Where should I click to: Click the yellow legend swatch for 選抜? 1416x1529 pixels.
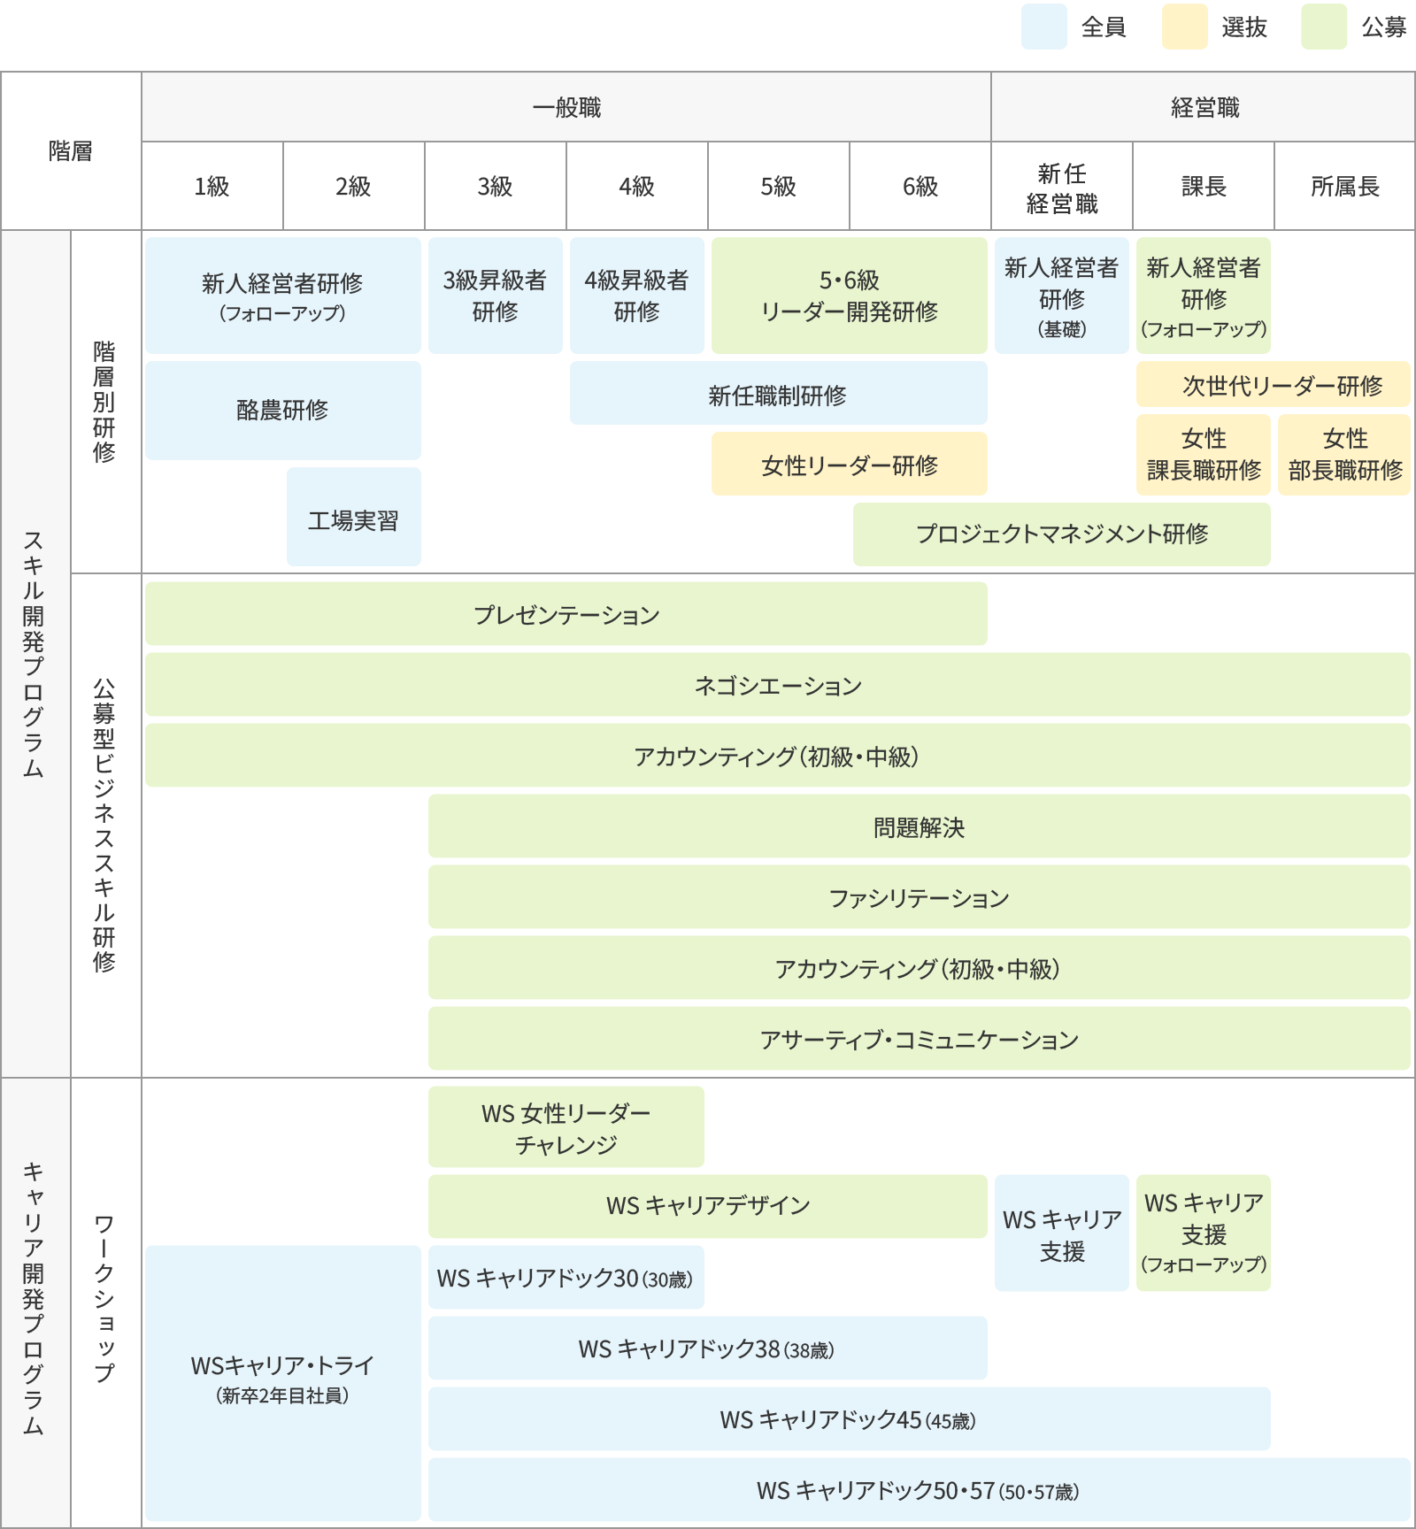click(x=1184, y=27)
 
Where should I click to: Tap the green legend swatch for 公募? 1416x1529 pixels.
click(x=1324, y=27)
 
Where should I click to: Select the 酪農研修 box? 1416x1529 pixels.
click(x=282, y=411)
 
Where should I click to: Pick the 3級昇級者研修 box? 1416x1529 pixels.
click(x=495, y=296)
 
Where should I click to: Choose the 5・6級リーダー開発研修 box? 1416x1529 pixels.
click(x=849, y=296)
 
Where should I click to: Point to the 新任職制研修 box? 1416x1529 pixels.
click(x=778, y=395)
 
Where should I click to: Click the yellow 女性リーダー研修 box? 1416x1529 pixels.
click(x=849, y=465)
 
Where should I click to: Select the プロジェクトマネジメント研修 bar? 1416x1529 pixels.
click(x=1061, y=534)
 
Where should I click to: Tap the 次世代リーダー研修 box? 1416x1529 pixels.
click(x=1273, y=385)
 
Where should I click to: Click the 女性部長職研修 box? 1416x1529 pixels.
click(x=1344, y=455)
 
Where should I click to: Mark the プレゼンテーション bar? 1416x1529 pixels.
click(x=566, y=614)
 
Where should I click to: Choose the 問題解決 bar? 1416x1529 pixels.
click(x=919, y=827)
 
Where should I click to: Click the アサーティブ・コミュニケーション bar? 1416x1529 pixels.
click(x=919, y=1039)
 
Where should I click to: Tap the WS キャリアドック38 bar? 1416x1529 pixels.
click(x=707, y=1348)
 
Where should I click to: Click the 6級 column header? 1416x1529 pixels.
click(x=920, y=186)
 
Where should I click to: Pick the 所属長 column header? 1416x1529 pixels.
click(x=1344, y=186)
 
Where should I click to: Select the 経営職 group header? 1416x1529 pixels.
click(x=1203, y=107)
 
